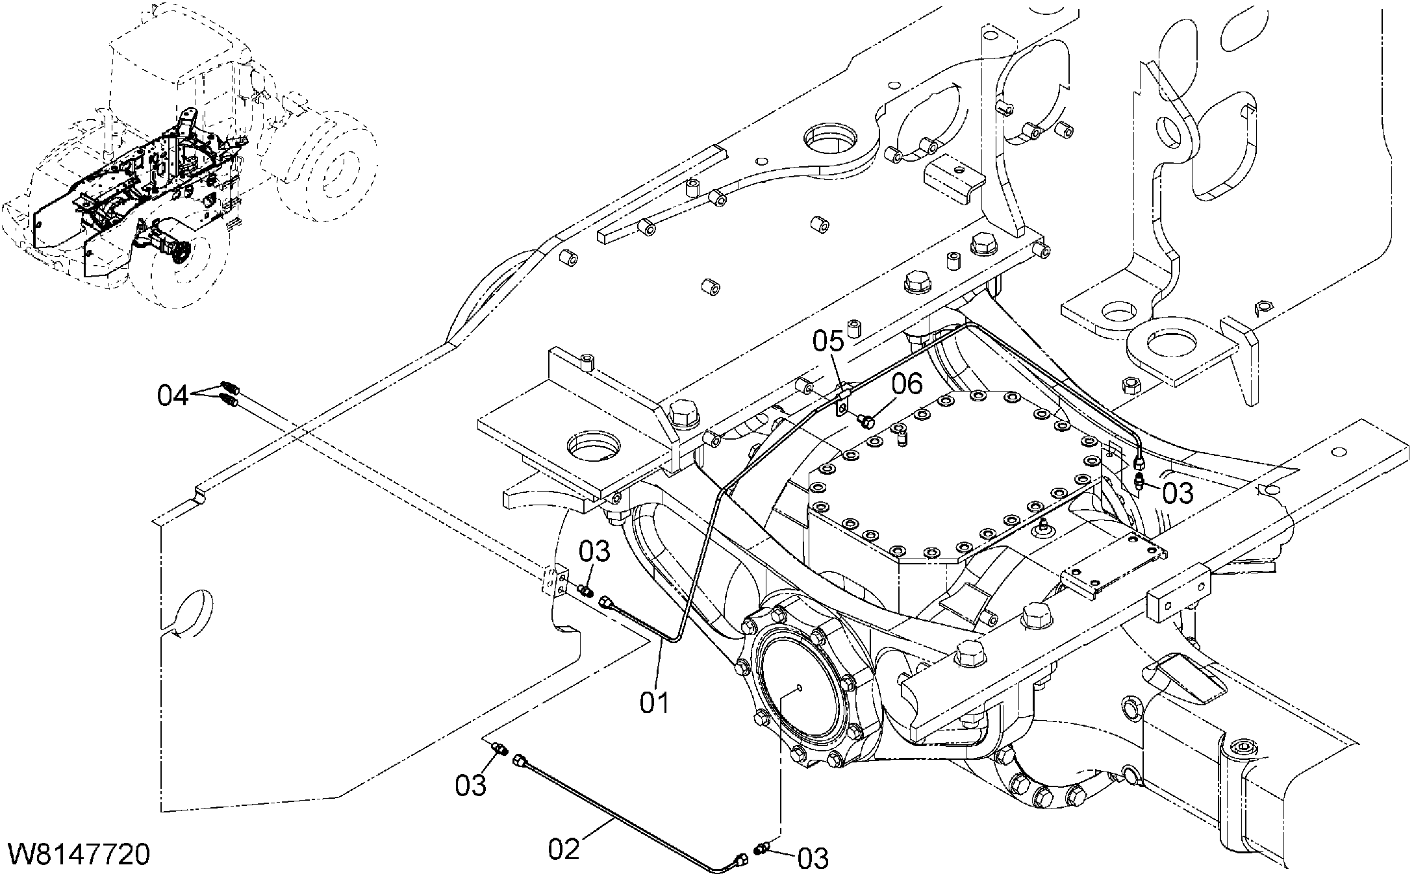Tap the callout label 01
[654, 703]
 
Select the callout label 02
[564, 849]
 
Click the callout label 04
[173, 395]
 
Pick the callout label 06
[907, 384]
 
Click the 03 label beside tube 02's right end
[813, 859]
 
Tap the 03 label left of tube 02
[470, 785]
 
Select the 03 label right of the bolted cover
[1178, 494]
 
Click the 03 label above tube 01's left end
[595, 551]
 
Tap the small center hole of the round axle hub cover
[798, 688]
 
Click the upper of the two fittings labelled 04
[230, 387]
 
